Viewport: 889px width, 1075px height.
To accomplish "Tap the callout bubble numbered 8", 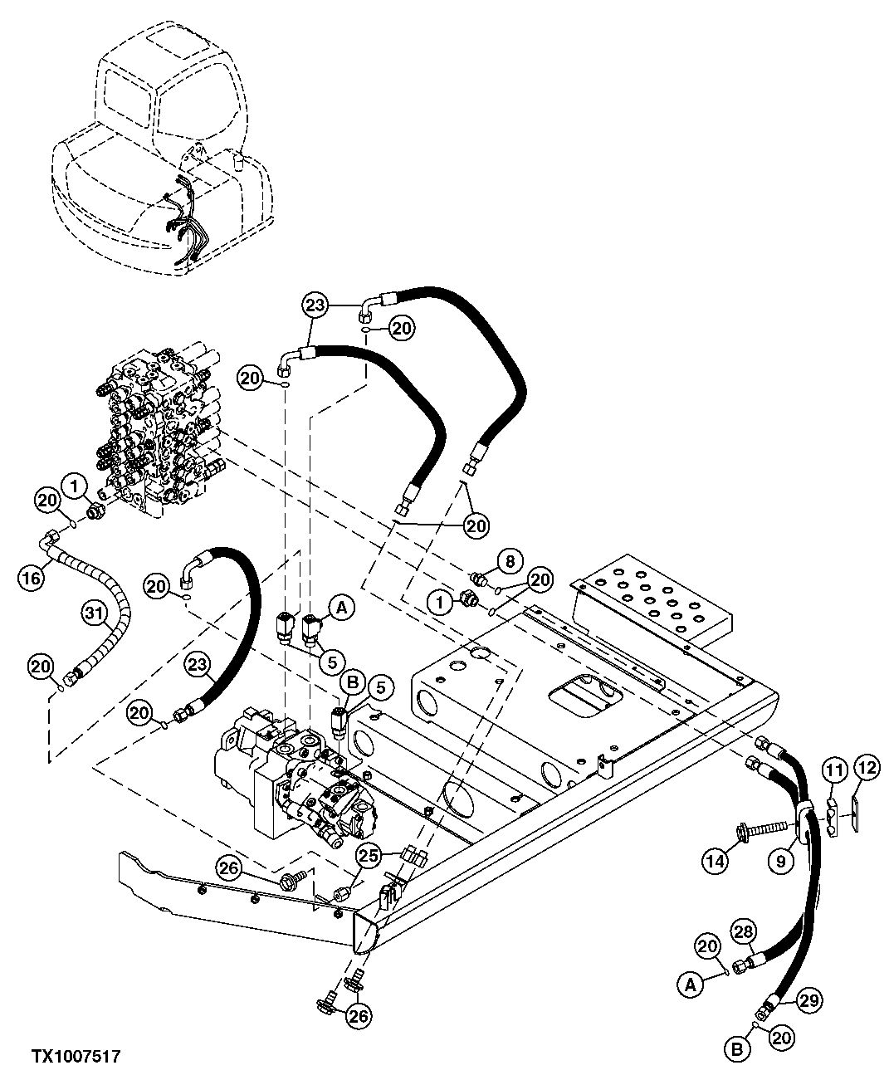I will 510,562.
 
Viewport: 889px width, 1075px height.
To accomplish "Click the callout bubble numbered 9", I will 781,861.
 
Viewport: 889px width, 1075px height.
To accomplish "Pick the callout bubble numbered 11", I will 833,771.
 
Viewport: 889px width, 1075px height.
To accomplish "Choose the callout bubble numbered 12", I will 866,771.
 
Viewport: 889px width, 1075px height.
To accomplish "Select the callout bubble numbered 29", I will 809,1001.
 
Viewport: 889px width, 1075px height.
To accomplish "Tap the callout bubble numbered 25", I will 369,853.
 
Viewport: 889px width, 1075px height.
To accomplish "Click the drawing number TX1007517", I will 76,1056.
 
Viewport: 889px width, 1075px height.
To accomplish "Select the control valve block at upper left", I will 163,432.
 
